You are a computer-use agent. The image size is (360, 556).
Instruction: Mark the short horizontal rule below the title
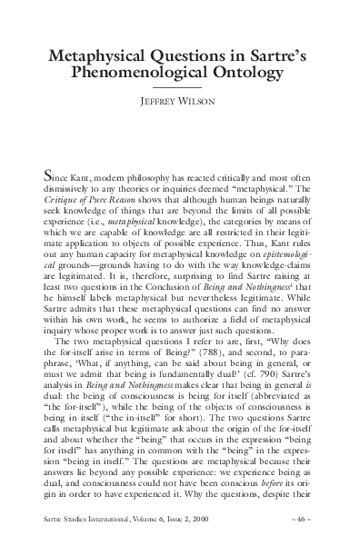180,88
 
